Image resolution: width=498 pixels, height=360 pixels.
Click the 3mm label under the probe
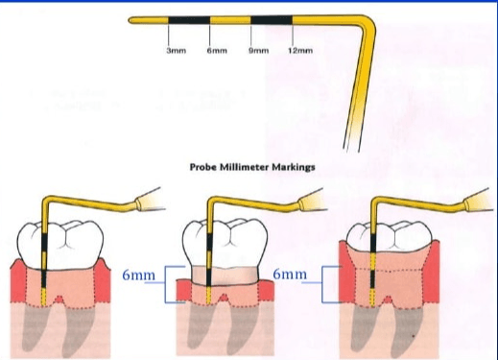click(177, 51)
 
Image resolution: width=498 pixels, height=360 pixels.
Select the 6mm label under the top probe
click(217, 51)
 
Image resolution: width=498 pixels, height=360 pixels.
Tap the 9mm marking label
click(259, 51)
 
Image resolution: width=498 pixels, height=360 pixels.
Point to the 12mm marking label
click(300, 51)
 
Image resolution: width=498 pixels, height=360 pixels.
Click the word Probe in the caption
click(203, 167)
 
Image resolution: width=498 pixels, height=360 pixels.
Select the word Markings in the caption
click(294, 167)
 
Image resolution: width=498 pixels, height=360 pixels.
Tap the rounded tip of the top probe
click(130, 20)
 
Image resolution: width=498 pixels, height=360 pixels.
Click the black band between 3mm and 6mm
click(189, 20)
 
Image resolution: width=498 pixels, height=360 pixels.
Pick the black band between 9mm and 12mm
click(272, 20)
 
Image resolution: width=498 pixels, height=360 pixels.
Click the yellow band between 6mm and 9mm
click(230, 20)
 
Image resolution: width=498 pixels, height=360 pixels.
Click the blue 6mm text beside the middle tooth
click(138, 275)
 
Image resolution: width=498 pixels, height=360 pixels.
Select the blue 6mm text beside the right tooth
click(290, 274)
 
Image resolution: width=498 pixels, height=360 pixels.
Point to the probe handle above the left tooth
click(148, 201)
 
